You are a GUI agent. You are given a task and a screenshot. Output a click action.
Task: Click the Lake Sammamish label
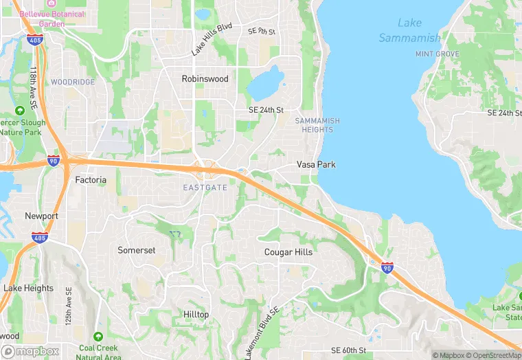(x=409, y=30)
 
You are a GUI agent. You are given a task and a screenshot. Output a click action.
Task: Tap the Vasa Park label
(x=316, y=165)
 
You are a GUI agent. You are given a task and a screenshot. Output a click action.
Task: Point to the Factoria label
(x=91, y=180)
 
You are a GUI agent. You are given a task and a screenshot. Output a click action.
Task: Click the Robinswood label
(x=205, y=79)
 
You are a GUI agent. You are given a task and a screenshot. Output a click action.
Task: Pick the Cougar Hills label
(x=288, y=252)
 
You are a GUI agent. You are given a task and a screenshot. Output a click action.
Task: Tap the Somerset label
(x=137, y=250)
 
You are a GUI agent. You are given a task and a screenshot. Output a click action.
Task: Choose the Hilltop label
(x=196, y=314)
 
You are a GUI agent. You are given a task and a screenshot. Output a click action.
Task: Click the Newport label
(x=41, y=216)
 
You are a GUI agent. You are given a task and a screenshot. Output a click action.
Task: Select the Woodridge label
(x=73, y=82)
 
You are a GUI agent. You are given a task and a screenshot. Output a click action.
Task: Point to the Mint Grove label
(x=438, y=54)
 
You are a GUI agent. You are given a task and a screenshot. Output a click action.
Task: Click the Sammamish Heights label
(x=317, y=125)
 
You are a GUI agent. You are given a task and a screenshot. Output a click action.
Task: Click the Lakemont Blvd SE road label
(x=262, y=333)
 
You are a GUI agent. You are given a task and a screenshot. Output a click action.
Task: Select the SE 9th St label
(x=262, y=32)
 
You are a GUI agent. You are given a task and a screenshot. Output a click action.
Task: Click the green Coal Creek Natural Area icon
(x=99, y=337)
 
